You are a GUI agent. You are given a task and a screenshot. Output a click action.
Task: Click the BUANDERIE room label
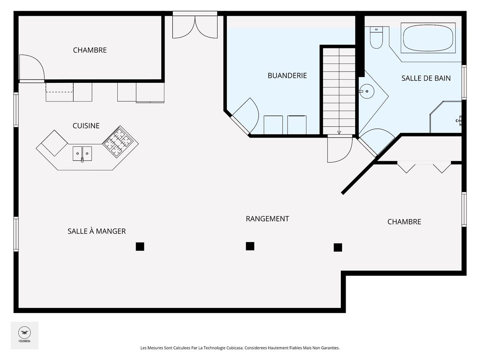pos(287,76)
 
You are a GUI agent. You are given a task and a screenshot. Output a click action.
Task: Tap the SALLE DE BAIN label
pos(426,78)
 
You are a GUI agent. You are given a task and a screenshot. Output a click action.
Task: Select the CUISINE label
pos(86,126)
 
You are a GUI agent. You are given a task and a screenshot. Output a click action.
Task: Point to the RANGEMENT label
pos(267,219)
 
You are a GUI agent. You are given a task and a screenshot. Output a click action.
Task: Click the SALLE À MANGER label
pos(96,231)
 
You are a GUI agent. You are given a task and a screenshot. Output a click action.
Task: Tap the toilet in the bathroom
pos(376,37)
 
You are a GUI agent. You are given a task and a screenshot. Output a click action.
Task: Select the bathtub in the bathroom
pos(428,38)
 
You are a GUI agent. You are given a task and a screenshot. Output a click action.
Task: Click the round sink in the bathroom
pos(367,91)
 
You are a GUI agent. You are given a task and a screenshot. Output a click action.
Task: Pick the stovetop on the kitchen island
pos(118,142)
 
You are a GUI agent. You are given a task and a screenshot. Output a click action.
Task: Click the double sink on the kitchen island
pos(82,154)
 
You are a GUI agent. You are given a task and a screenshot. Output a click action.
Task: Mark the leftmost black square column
pos(140,246)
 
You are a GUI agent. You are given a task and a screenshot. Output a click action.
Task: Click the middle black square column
pos(250,246)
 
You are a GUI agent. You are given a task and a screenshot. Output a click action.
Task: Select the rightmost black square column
pos(338,248)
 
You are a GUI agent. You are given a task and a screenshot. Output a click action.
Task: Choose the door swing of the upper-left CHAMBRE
pos(32,67)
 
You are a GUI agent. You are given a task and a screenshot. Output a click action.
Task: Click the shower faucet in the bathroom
pos(459,120)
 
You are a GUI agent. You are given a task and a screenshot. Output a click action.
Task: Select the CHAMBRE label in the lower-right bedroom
pos(404,222)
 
